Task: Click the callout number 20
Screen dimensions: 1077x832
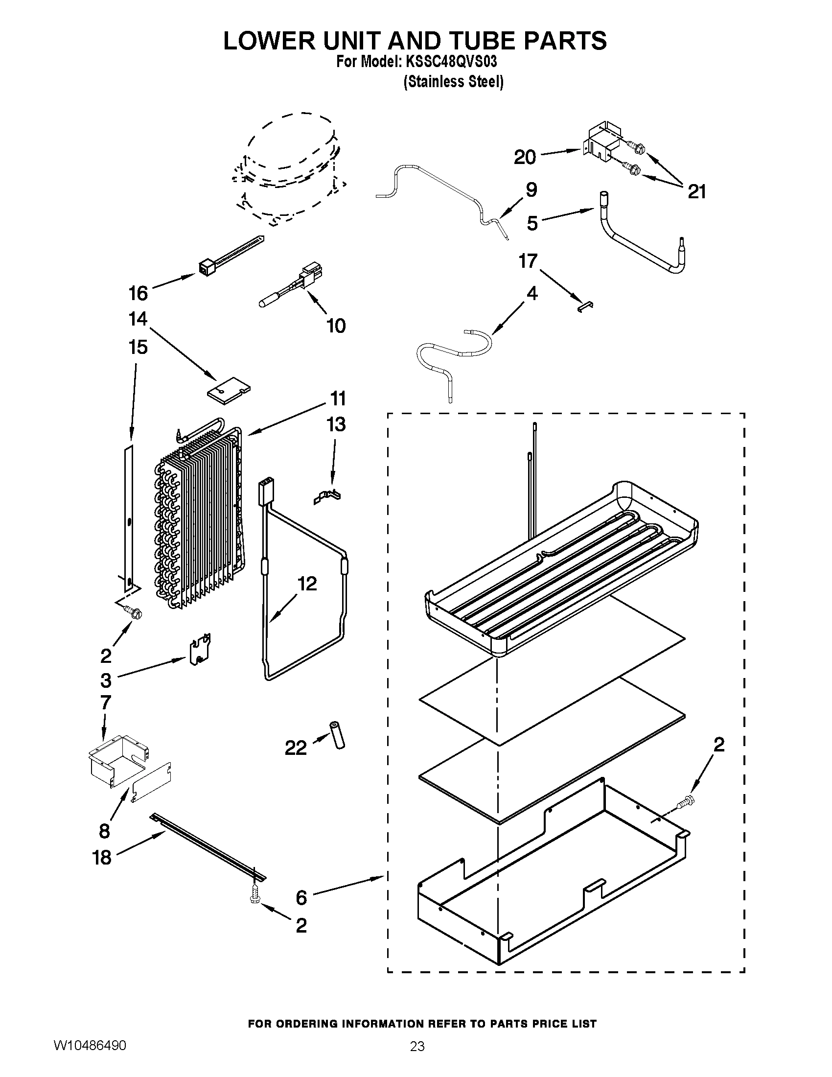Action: coord(525,157)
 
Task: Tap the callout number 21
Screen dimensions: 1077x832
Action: coord(696,192)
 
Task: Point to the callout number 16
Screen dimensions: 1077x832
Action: coord(138,293)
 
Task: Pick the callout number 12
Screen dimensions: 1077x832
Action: coord(307,584)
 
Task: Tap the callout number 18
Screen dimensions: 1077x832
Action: coord(102,858)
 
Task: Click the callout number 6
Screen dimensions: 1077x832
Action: coord(301,897)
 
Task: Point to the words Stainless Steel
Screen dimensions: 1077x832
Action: coord(454,82)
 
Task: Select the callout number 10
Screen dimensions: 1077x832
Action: coord(336,326)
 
